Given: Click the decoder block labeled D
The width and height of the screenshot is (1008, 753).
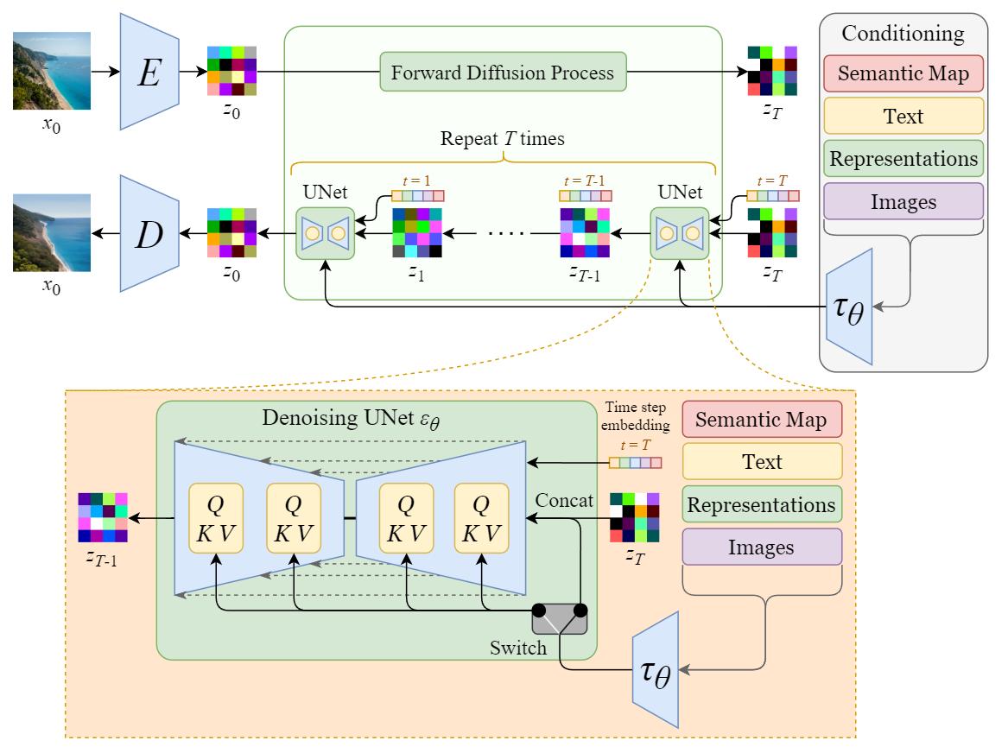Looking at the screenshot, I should coord(149,232).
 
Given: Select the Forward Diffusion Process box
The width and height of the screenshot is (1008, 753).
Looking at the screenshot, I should coord(502,73).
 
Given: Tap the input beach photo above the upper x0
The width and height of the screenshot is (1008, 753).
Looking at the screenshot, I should coord(51,71).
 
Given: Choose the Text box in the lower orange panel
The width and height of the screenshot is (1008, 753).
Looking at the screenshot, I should coord(762,462).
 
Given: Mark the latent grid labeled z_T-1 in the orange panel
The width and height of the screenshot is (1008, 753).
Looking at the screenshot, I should coord(103,517).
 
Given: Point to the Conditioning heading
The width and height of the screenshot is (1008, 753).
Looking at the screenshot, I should coord(903,35).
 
